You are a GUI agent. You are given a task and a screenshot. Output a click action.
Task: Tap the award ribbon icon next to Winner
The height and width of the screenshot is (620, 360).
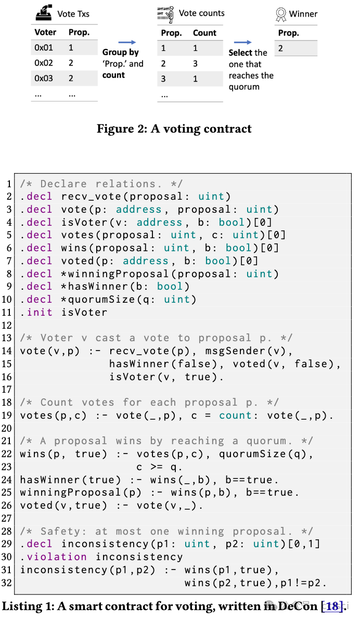(281, 15)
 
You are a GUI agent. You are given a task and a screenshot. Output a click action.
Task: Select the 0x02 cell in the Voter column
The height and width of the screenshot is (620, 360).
(44, 63)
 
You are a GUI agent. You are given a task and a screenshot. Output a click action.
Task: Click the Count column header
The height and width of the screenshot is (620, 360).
(204, 33)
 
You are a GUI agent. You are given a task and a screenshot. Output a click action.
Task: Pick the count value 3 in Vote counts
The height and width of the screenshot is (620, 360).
(195, 63)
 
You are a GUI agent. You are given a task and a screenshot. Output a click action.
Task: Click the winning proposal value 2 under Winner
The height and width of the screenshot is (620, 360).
(280, 48)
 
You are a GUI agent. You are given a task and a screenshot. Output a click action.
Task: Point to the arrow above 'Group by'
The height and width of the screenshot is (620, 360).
(127, 43)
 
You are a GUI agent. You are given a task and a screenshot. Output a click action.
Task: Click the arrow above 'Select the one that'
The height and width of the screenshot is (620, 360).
(242, 43)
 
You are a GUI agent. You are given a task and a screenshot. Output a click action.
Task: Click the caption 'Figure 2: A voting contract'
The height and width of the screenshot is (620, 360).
(174, 128)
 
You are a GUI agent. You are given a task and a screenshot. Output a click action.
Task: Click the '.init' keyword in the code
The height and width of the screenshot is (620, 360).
(36, 312)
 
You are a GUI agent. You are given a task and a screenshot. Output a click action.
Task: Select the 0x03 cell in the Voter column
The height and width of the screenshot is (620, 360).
(44, 79)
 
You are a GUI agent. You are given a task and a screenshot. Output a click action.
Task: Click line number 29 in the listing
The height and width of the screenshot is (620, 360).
(8, 544)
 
